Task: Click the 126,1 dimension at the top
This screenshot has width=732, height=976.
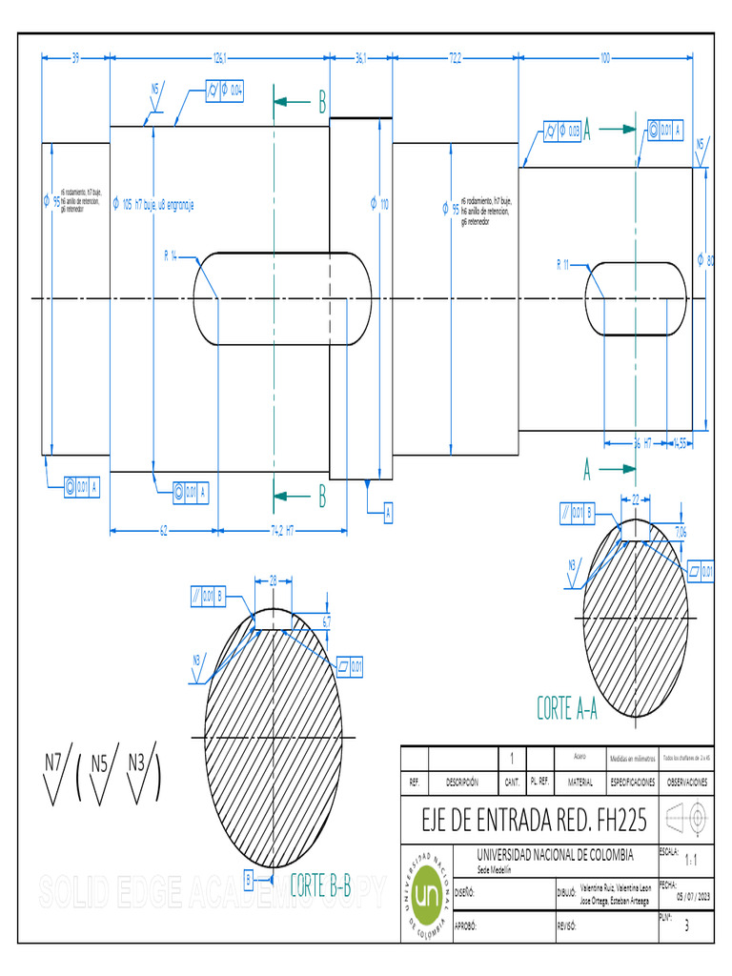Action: (219, 57)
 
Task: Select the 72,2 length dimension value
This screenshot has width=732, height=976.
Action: (455, 57)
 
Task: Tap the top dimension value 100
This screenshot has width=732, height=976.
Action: (605, 57)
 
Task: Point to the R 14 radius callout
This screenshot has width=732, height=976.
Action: (172, 255)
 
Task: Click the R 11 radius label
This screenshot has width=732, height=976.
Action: (562, 265)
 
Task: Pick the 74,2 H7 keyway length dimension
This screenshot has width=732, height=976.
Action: (282, 530)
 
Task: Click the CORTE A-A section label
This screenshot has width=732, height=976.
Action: (566, 708)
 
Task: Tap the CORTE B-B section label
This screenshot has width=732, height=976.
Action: (320, 885)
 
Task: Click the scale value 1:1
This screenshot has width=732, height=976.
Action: (691, 859)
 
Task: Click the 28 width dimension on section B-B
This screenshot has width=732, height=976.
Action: (274, 579)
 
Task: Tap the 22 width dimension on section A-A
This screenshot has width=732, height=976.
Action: (636, 498)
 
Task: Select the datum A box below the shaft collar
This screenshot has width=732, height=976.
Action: (388, 513)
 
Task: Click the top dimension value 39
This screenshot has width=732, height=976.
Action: (75, 57)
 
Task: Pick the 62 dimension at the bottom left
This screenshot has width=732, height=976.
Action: (164, 530)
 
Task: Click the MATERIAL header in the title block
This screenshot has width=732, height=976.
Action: (579, 782)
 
